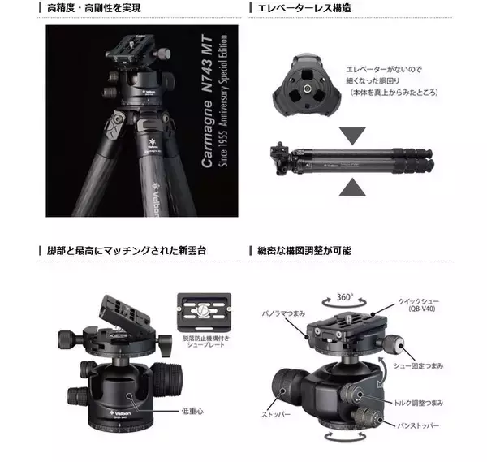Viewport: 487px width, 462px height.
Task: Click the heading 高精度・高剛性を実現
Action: tap(94, 8)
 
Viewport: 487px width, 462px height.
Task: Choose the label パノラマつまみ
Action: tap(285, 312)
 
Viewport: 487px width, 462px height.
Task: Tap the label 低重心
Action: tap(193, 411)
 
